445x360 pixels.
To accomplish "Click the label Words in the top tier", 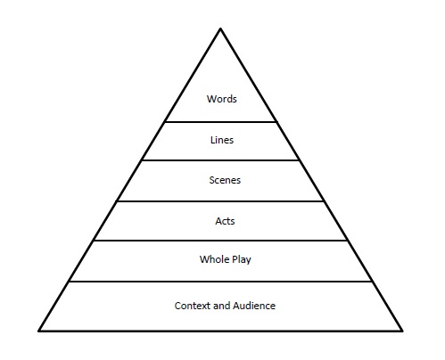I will pyautogui.click(x=221, y=99).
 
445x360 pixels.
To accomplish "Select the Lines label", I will pyautogui.click(x=221, y=140).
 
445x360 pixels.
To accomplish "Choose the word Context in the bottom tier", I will pyautogui.click(x=194, y=306).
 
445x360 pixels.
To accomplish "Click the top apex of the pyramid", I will pyautogui.click(x=221, y=29).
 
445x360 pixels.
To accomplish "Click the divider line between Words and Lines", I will pyautogui.click(x=221, y=121).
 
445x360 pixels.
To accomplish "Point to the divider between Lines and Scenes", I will pyautogui.click(x=221, y=160).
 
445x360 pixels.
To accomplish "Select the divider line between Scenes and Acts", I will pyautogui.click(x=221, y=200).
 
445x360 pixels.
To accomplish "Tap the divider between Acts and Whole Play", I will pyautogui.click(x=221, y=241).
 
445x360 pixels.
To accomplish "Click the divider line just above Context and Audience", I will pyautogui.click(x=221, y=282).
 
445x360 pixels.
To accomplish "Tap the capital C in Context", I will pyautogui.click(x=178, y=306).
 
